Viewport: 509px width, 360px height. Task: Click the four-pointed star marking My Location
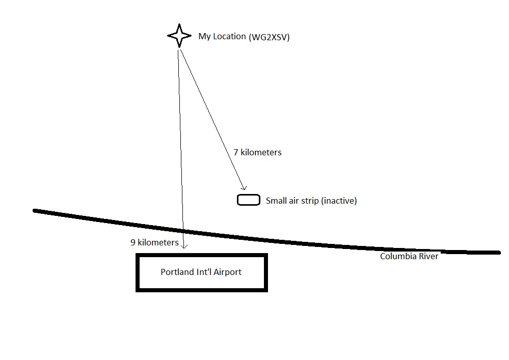[x=179, y=36]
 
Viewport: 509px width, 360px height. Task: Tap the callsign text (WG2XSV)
[x=269, y=37]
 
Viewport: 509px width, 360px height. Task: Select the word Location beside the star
[x=229, y=36]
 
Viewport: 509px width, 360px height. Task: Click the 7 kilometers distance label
[x=257, y=152]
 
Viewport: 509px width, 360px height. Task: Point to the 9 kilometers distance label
[x=154, y=242]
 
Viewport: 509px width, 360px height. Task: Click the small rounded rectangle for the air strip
[x=249, y=200]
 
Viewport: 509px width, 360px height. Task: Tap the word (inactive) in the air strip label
[x=339, y=201]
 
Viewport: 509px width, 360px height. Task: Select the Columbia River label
[x=409, y=256]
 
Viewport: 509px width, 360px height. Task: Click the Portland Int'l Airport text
[x=201, y=272]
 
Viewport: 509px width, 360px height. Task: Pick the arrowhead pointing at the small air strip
[x=244, y=188]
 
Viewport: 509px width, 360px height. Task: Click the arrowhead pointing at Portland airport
[x=184, y=246]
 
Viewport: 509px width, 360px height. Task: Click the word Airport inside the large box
[x=227, y=272]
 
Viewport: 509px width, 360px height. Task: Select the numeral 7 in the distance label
[x=236, y=152]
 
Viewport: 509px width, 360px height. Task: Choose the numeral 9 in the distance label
[x=133, y=242]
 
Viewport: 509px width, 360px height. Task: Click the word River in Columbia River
[x=428, y=256]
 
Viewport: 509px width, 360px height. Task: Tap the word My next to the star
[x=204, y=37]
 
